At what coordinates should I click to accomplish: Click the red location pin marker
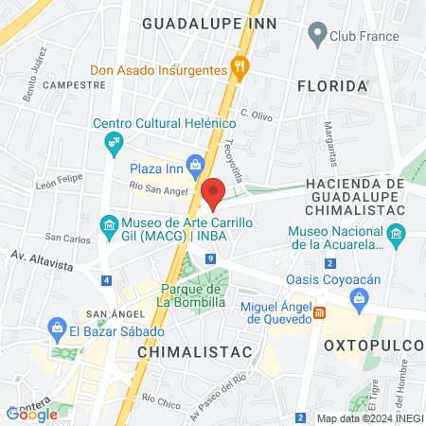click(x=213, y=193)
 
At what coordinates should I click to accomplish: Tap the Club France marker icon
click(x=316, y=36)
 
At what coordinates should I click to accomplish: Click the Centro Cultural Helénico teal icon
click(x=114, y=142)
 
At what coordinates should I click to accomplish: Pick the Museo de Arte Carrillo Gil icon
click(x=107, y=224)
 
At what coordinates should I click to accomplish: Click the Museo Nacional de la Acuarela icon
click(x=397, y=233)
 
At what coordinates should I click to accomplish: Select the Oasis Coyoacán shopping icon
click(x=359, y=302)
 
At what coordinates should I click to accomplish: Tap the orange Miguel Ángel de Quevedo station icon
click(x=320, y=312)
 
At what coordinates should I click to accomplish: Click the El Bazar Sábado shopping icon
click(x=54, y=326)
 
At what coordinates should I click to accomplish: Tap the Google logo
click(x=31, y=414)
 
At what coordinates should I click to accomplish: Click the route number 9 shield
click(x=208, y=258)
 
